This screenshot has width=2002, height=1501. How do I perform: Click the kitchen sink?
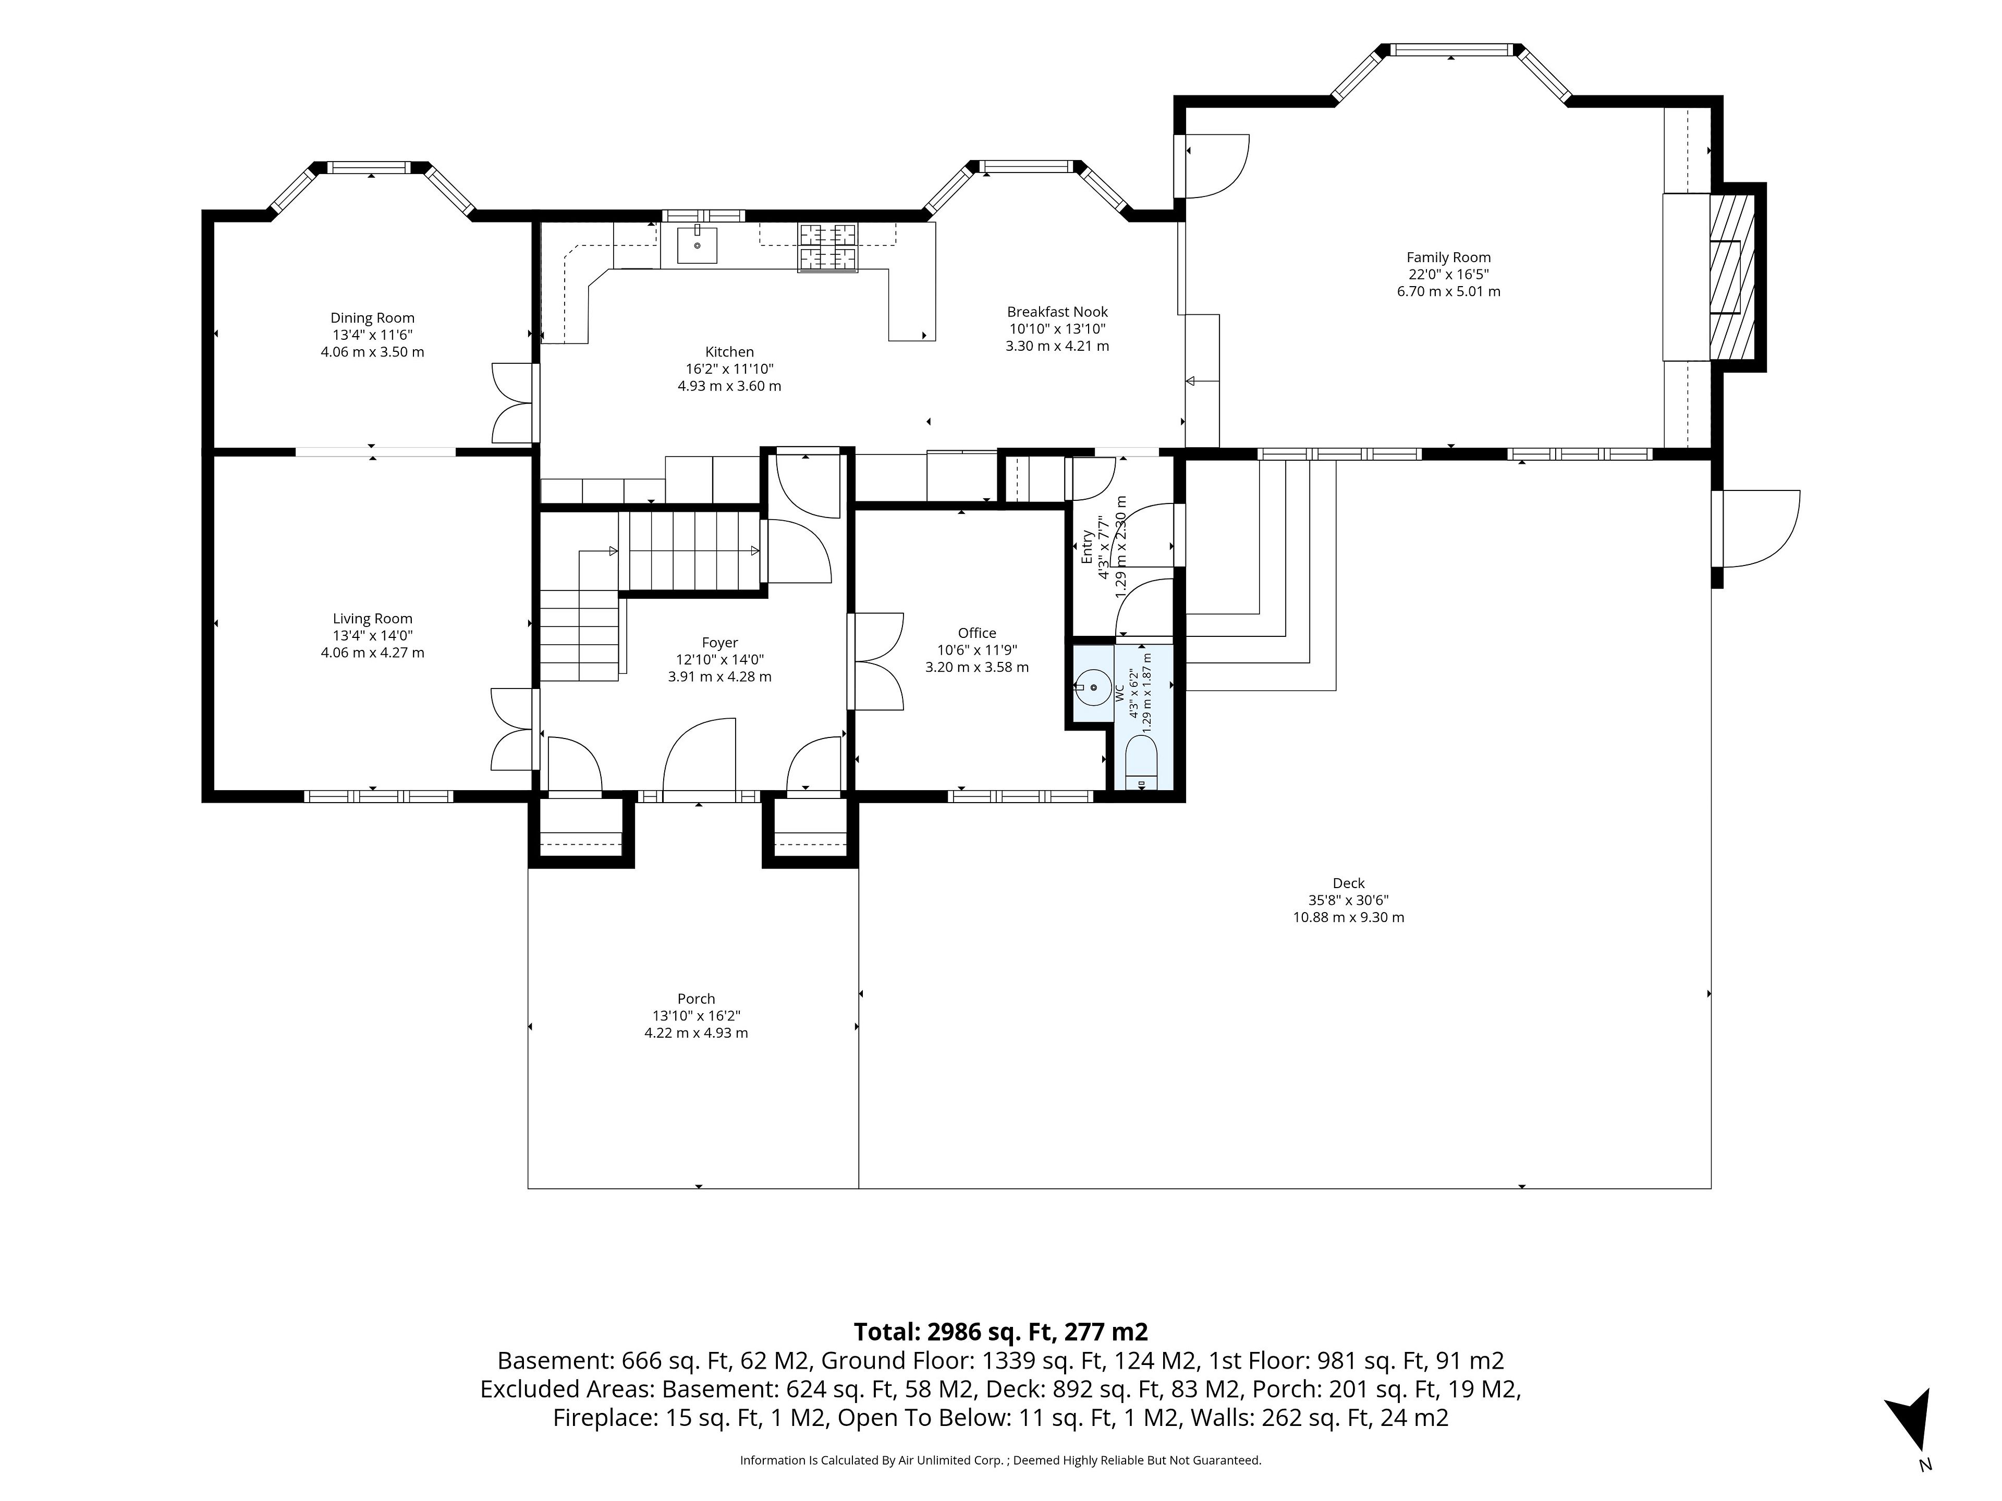click(x=698, y=245)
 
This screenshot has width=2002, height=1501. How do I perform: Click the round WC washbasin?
click(x=1094, y=687)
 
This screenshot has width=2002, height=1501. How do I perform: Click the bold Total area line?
click(x=1001, y=1332)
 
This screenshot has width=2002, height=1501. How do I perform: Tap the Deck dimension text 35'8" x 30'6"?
click(x=1349, y=900)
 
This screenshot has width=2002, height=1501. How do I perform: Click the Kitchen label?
click(x=729, y=352)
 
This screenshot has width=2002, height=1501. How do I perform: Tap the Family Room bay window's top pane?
click(x=1452, y=50)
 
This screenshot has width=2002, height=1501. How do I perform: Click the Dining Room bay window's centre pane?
click(x=369, y=167)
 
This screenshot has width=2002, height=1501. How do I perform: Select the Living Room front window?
click(x=379, y=796)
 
